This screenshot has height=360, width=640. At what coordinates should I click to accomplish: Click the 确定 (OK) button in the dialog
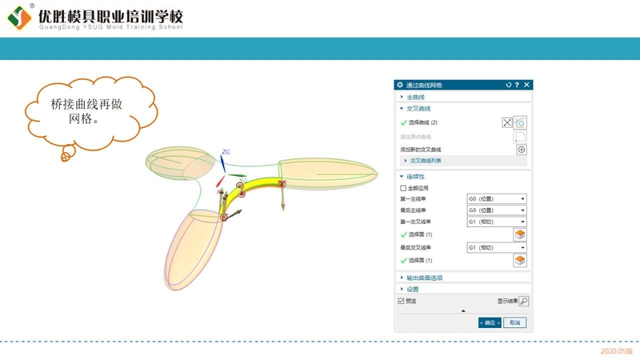pyautogui.click(x=490, y=322)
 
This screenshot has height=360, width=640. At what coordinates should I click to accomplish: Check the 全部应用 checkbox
pyautogui.click(x=403, y=188)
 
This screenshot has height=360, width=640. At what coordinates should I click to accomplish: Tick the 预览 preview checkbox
pyautogui.click(x=402, y=301)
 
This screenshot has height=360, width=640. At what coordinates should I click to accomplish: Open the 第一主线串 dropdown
pyautogui.click(x=497, y=198)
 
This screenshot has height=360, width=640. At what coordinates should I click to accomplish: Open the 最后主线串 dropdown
pyautogui.click(x=497, y=210)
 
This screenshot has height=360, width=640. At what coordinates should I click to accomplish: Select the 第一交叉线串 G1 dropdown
pyautogui.click(x=497, y=222)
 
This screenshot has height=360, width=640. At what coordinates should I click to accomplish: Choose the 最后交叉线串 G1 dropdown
pyautogui.click(x=497, y=248)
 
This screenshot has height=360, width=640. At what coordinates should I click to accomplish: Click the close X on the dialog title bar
pyautogui.click(x=526, y=85)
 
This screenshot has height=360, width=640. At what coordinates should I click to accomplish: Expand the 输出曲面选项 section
pyautogui.click(x=425, y=278)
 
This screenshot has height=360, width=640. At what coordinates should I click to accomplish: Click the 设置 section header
pyautogui.click(x=413, y=289)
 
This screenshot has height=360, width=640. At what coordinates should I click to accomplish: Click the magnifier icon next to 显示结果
pyautogui.click(x=524, y=302)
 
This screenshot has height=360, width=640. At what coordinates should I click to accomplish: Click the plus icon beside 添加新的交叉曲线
pyautogui.click(x=521, y=150)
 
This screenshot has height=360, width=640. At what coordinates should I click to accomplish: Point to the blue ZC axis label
pyautogui.click(x=226, y=151)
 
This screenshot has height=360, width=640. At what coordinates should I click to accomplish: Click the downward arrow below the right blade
pyautogui.click(x=283, y=202)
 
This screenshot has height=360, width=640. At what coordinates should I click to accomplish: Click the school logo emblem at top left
pyautogui.click(x=19, y=19)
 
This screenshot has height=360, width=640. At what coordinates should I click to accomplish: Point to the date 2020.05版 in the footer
pyautogui.click(x=616, y=350)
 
